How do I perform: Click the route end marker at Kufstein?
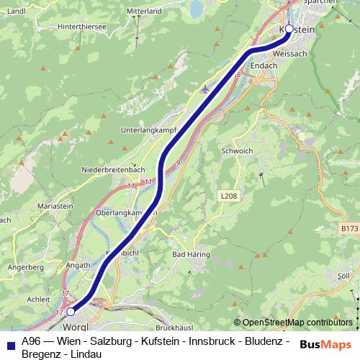pyautogui.click(x=289, y=29)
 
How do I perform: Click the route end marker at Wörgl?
pyautogui.click(x=71, y=312)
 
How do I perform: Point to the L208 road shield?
pyautogui.click(x=229, y=195)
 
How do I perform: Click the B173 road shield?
pyautogui.click(x=350, y=228)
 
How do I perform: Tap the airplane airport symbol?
pyautogui.click(x=205, y=90)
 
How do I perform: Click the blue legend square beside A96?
pyautogui.click(x=9, y=343)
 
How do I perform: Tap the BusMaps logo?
pyautogui.click(x=326, y=344)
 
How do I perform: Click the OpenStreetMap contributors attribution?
pyautogui.click(x=297, y=322)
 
